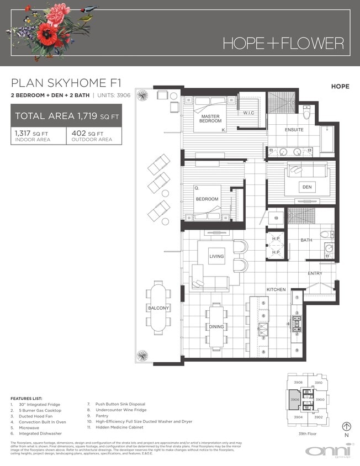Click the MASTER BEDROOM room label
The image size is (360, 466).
pyautogui.click(x=210, y=118)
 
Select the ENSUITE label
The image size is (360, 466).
pyautogui.click(x=294, y=130)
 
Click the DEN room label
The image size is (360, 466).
pyautogui.click(x=307, y=187)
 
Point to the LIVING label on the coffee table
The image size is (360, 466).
pyautogui.click(x=216, y=257)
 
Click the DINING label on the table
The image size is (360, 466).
pyautogui.click(x=216, y=326)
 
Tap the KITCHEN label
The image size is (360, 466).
pyautogui.click(x=276, y=289)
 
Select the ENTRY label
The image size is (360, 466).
pyautogui.click(x=315, y=273)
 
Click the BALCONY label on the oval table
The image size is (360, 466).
pyautogui.click(x=158, y=308)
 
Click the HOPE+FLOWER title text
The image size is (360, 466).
pyautogui.click(x=283, y=43)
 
